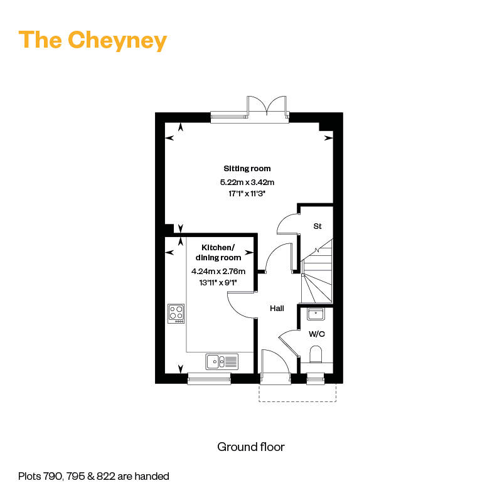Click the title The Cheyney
pyautogui.click(x=93, y=40)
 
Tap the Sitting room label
pyautogui.click(x=247, y=169)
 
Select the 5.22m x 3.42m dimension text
pyautogui.click(x=247, y=182)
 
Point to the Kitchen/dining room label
pyautogui.click(x=218, y=252)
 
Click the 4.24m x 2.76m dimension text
pyautogui.click(x=218, y=272)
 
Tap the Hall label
pyautogui.click(x=277, y=309)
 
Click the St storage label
pyautogui.click(x=318, y=226)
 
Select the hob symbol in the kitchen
pyautogui.click(x=176, y=313)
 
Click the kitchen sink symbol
pyautogui.click(x=222, y=361)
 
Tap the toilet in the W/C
pyautogui.click(x=316, y=354)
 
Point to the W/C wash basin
pyautogui.click(x=316, y=315)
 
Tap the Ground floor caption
pyautogui.click(x=251, y=447)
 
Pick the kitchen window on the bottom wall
pyautogui.click(x=209, y=378)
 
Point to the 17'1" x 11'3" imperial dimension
pyautogui.click(x=247, y=194)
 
